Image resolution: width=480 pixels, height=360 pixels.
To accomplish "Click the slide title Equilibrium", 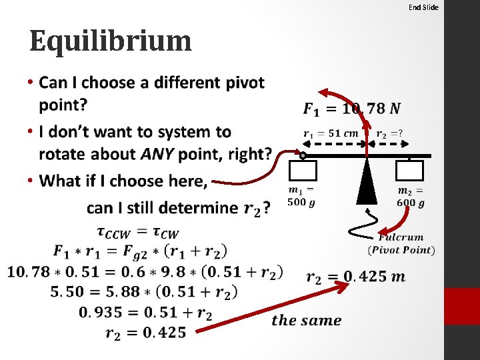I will (111, 41).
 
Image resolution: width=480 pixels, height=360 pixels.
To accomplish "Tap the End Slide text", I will (423, 7).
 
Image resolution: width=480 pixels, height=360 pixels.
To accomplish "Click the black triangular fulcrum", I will (367, 181).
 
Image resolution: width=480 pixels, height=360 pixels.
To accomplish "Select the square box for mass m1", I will (303, 171).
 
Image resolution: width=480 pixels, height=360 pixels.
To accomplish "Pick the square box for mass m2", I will (409, 171).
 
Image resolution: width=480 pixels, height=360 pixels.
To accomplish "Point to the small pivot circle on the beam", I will (303, 156).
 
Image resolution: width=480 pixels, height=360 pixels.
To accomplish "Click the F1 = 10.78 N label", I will (352, 108).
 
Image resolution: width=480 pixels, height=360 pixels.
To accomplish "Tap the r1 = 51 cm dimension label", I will (331, 133).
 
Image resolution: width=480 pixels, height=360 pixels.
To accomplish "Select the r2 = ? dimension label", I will (389, 133).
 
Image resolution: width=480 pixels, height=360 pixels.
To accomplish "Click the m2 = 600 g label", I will (411, 197).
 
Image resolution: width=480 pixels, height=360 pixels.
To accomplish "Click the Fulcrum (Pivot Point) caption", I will (401, 243).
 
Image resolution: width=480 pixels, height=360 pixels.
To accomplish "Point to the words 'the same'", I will (307, 320).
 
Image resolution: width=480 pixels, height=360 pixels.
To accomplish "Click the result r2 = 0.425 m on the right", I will (355, 276).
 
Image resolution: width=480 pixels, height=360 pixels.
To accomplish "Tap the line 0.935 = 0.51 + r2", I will (145, 312).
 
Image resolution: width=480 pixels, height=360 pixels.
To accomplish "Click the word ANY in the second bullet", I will (160, 155).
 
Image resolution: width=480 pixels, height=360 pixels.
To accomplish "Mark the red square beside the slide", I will (461, 306).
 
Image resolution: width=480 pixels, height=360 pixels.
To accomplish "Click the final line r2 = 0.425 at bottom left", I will (145, 332).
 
